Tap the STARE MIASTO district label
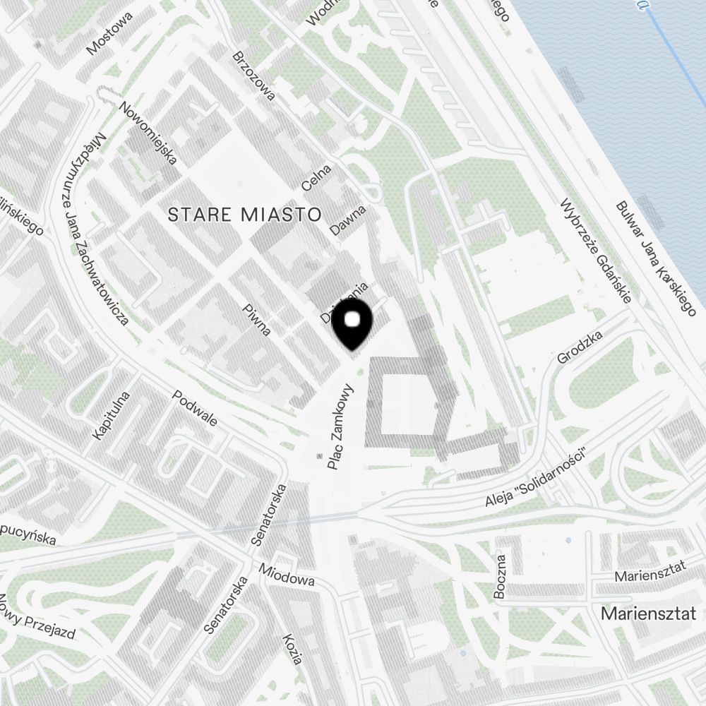pyautogui.click(x=244, y=215)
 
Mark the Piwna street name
pyautogui.click(x=256, y=320)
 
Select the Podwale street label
pyautogui.click(x=195, y=409)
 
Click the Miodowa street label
pyautogui.click(x=286, y=575)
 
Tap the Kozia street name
pyautogui.click(x=292, y=649)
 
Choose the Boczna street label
pyautogui.click(x=501, y=577)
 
